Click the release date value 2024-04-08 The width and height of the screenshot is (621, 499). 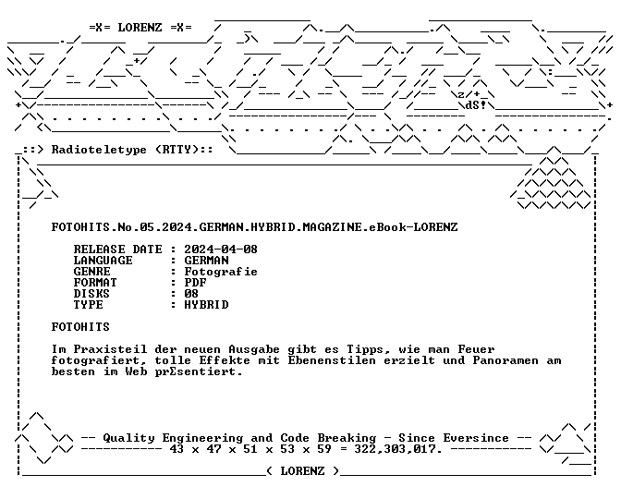221,249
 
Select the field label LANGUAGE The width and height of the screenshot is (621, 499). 103,261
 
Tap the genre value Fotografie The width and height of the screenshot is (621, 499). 221,272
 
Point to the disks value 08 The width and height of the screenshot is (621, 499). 191,294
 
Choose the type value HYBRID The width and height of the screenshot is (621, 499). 206,305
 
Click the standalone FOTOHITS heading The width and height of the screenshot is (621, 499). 80,327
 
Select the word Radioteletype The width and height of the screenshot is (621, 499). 99,150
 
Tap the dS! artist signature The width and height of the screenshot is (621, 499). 476,105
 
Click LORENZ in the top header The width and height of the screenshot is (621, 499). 140,28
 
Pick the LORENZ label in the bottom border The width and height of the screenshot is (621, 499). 302,471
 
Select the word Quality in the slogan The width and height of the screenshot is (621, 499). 129,438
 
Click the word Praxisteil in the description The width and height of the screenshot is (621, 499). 110,349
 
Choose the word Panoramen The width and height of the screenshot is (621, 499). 505,360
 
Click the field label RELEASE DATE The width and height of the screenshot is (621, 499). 117,249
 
